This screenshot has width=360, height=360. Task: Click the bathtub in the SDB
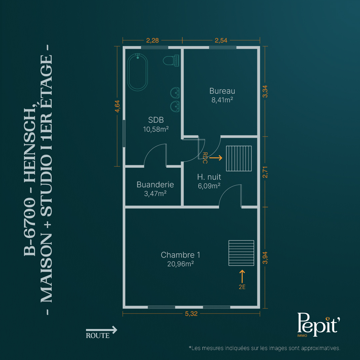tap(138, 72)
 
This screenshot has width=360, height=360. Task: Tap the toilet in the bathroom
tap(171, 61)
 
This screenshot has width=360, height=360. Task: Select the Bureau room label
tap(222, 91)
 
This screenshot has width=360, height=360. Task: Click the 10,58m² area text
tap(156, 129)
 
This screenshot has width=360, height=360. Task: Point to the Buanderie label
tap(155, 185)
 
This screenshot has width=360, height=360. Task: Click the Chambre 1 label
tap(180, 255)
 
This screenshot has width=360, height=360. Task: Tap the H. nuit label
tap(209, 177)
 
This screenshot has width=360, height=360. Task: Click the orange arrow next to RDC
tap(216, 158)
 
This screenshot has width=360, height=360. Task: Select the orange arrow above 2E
tap(242, 276)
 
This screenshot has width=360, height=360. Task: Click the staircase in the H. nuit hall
tap(239, 158)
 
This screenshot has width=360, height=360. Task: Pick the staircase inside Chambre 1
tap(241, 253)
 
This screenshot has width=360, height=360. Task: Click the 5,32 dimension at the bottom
tap(191, 314)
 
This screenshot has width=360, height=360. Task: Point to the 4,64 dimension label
tap(117, 106)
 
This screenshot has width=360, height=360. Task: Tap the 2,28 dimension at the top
tap(152, 40)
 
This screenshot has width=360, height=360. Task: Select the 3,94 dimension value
tap(265, 258)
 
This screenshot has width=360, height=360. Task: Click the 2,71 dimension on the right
tap(265, 172)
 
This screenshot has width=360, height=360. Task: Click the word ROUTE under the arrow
tap(98, 336)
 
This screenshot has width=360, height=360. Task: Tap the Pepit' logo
tap(318, 324)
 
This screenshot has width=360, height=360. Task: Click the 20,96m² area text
tap(180, 264)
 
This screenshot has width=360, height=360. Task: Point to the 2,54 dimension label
tap(221, 40)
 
